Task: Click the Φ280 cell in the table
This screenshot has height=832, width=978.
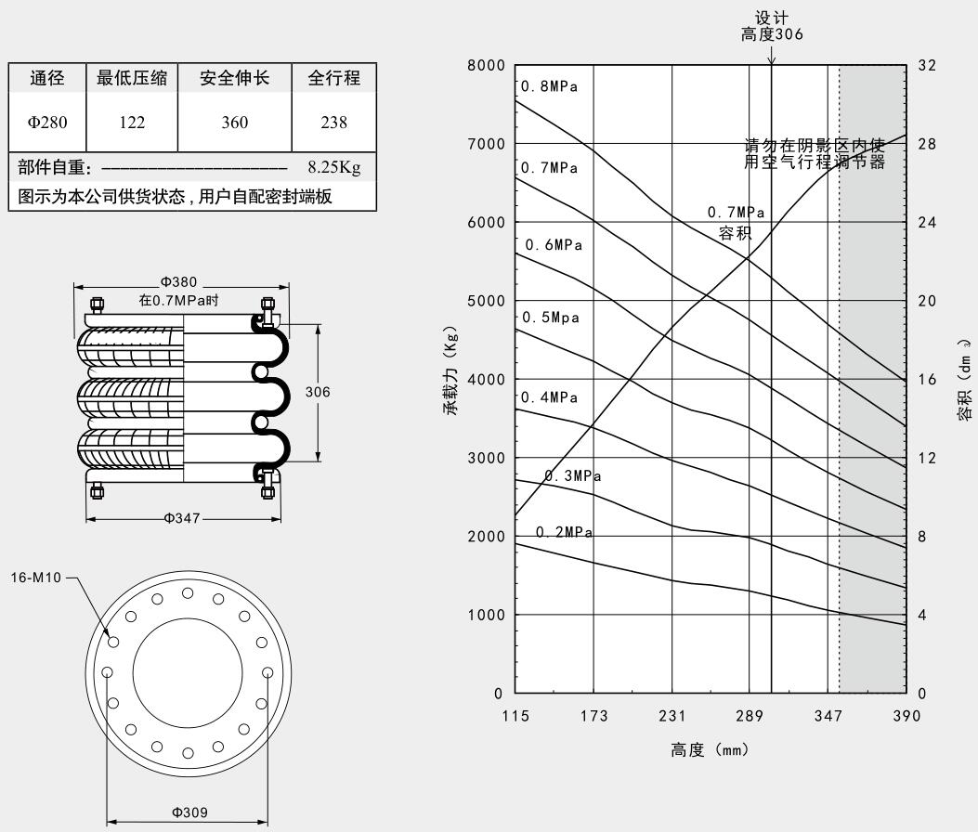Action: tap(47, 122)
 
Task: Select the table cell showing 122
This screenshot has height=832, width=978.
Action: tap(133, 122)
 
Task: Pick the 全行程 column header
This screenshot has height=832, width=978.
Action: tap(333, 79)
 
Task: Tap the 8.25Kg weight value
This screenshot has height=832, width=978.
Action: tap(333, 168)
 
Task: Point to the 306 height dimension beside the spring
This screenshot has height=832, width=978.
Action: tap(318, 392)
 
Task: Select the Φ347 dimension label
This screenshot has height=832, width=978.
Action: tap(183, 518)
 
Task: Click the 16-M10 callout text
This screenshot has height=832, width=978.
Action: tap(41, 578)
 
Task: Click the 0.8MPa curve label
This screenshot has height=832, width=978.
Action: tap(549, 87)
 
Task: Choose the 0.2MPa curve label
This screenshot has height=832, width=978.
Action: tap(564, 532)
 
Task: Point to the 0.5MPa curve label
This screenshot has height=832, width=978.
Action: tap(551, 318)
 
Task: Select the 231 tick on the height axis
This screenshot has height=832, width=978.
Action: tap(672, 716)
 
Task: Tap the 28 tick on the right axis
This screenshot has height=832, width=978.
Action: tap(926, 144)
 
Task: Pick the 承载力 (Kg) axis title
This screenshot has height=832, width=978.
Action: tap(452, 371)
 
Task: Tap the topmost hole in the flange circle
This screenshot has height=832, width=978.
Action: tap(188, 593)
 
